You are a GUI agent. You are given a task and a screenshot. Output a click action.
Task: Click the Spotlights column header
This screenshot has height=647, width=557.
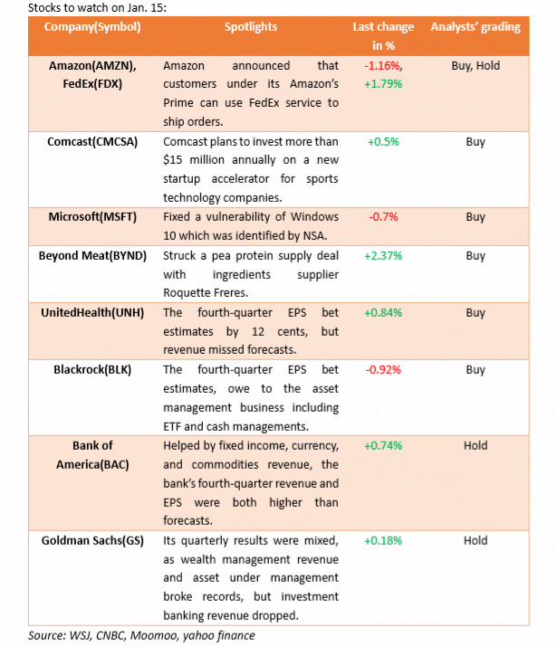(251, 26)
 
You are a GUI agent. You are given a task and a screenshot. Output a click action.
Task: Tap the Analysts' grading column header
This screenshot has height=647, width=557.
(475, 26)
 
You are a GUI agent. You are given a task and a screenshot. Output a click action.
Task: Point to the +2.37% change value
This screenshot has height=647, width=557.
(384, 255)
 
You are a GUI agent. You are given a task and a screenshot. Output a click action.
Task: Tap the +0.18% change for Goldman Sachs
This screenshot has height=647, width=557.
(384, 540)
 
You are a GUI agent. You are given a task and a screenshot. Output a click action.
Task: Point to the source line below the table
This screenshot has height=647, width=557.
(141, 635)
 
